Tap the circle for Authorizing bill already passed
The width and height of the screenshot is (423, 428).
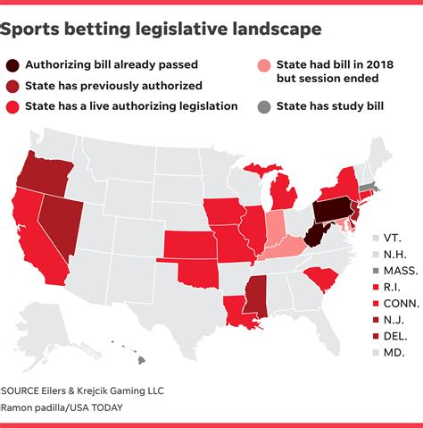point(14,65)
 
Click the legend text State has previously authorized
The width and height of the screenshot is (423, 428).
point(114,86)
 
